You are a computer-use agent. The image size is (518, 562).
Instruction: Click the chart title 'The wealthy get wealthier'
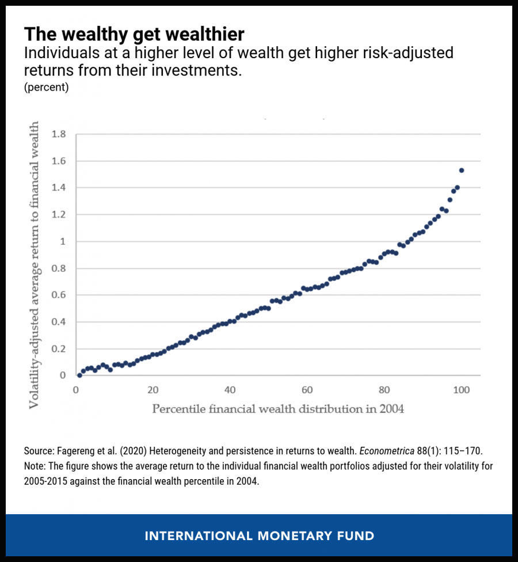coord(134,33)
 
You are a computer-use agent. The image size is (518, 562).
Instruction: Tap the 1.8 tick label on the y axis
coord(59,134)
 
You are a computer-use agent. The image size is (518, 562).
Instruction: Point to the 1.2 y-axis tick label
coord(59,215)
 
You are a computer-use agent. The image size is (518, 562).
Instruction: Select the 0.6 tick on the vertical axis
coord(59,295)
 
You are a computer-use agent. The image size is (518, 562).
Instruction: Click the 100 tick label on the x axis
coord(461,390)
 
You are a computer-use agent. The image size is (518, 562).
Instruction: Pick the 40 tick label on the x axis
coord(230,390)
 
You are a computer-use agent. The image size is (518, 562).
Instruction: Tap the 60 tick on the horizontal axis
coord(307,390)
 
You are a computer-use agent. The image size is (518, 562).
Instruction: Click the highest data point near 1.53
coord(462,170)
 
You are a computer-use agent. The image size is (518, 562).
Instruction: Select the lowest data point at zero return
coord(79,375)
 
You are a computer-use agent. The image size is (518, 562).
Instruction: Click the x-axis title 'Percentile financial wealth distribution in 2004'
coord(278,409)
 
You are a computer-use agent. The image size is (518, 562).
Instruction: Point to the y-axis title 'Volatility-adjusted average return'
coord(35,265)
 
